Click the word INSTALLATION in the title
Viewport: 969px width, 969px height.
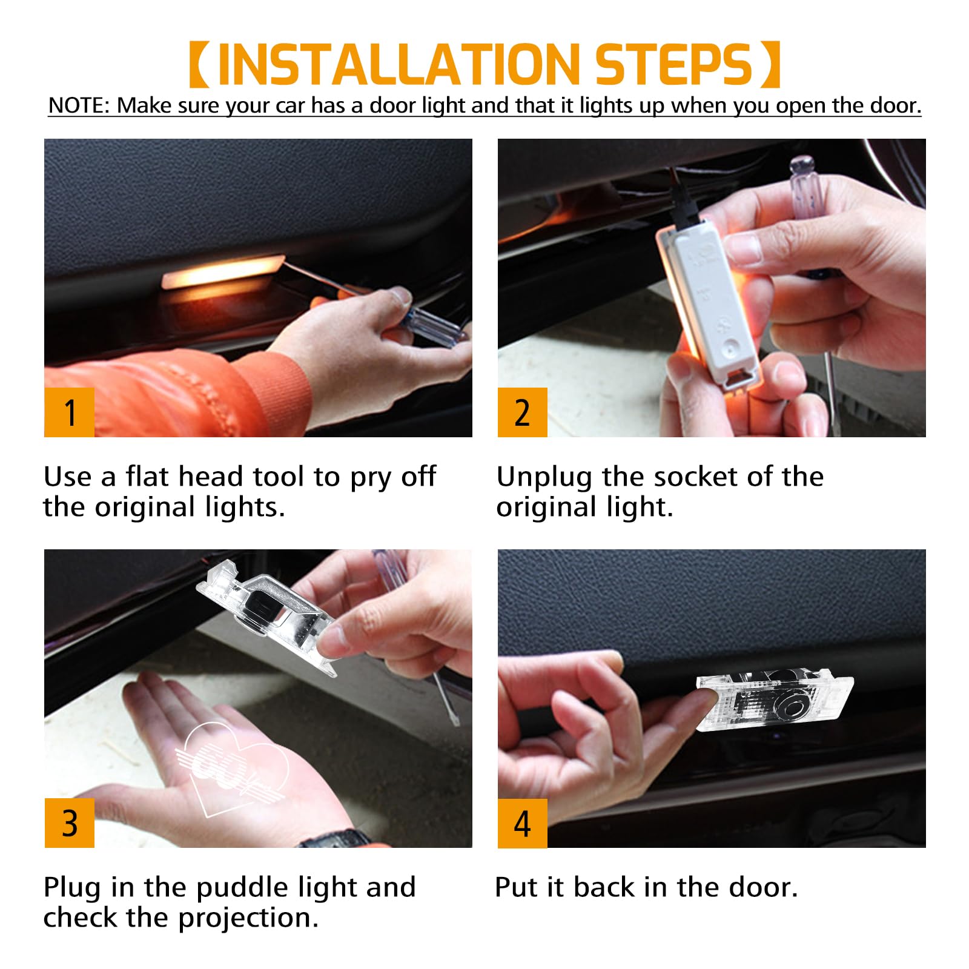399,64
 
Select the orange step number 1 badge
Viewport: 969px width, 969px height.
70,412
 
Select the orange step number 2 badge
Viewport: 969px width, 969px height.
523,412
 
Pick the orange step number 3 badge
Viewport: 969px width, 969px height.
70,823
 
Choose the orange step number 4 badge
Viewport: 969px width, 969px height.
523,823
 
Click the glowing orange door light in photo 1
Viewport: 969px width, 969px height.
222,271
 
